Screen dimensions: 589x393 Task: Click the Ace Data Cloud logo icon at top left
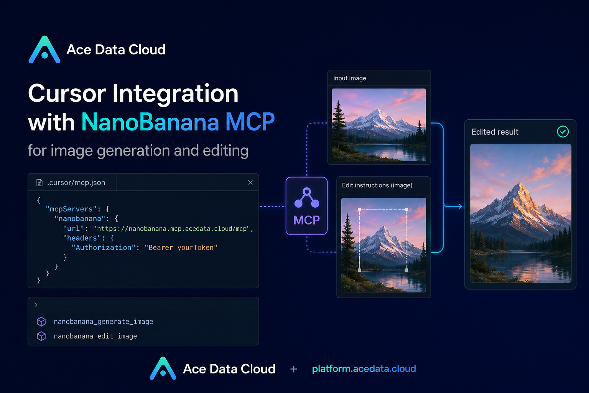[44, 50]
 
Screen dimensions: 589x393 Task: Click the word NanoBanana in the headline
[150, 122]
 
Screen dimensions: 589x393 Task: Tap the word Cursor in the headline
[67, 93]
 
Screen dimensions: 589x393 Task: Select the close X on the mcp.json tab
[250, 182]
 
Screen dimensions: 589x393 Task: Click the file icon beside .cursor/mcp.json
[39, 182]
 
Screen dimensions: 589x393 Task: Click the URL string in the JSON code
[171, 228]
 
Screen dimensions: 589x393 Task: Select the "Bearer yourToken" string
[181, 248]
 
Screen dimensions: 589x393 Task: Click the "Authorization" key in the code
[104, 248]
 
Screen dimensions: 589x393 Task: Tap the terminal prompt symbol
[38, 305]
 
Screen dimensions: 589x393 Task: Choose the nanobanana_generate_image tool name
[103, 322]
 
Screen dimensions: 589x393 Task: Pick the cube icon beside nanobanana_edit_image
[41, 336]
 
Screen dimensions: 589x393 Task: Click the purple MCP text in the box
[307, 220]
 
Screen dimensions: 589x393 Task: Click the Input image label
[350, 78]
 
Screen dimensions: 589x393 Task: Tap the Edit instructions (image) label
[377, 185]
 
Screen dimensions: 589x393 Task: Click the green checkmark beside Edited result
[563, 132]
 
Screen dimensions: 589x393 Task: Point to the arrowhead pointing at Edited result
[460, 206]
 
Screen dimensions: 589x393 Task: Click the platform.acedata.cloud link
[364, 369]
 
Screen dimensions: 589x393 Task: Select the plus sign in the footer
[294, 369]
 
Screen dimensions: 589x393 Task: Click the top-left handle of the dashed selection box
[359, 210]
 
